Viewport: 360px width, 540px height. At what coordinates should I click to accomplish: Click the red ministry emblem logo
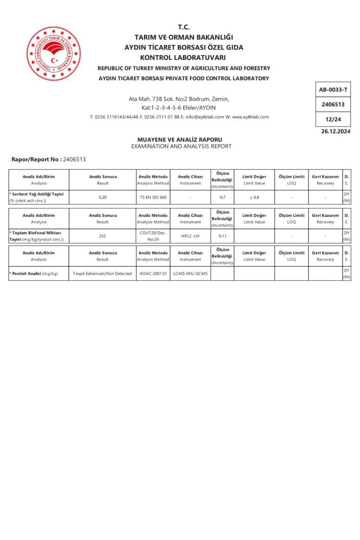tap(53, 54)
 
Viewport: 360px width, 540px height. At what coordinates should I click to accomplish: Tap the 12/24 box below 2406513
tap(333, 119)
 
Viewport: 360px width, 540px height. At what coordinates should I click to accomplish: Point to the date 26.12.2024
tap(335, 132)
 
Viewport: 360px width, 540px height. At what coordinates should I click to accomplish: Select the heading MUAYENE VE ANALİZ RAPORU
tap(180, 140)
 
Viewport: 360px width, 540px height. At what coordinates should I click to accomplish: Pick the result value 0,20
tap(103, 197)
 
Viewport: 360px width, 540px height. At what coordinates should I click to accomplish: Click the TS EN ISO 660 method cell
tap(153, 197)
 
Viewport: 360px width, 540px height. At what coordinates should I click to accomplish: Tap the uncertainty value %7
tap(222, 197)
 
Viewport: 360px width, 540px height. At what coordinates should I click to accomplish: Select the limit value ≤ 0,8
tap(254, 197)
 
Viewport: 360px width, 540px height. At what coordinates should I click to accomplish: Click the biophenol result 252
tap(103, 235)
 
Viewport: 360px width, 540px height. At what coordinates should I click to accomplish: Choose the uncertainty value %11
tap(222, 235)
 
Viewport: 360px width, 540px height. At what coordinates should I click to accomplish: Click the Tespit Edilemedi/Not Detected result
tap(103, 273)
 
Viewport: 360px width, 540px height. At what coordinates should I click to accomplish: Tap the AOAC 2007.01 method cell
tap(153, 273)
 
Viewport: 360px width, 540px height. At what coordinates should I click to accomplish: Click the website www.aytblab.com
tap(251, 117)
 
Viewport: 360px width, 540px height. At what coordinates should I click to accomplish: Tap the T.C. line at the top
tap(184, 27)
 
